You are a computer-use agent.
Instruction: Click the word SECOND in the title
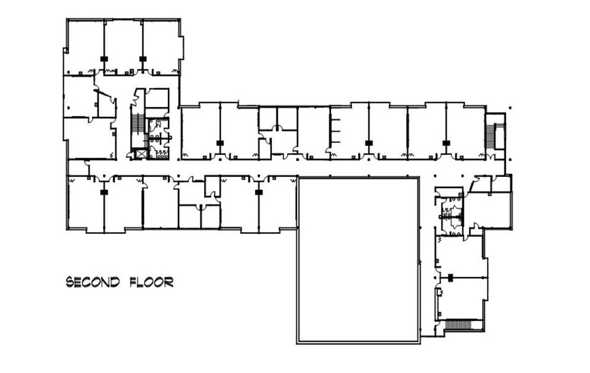coord(93,282)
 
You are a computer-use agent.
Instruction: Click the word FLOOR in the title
coord(151,282)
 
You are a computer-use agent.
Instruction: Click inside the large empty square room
coord(358,260)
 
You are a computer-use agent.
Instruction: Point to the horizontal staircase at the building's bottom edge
coord(463,325)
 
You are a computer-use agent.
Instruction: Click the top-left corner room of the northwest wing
coord(84,46)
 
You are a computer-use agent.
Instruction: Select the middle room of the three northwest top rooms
coord(123,46)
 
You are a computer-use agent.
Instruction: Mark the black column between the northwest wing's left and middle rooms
coord(104,59)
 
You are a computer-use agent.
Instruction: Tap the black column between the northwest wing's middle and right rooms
coord(143,59)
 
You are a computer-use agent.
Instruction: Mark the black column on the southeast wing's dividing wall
coord(450,278)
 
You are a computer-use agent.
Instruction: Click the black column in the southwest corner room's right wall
coord(104,192)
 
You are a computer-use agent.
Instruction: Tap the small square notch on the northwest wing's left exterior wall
coord(66,50)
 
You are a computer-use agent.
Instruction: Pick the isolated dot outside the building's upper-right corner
coord(510,108)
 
